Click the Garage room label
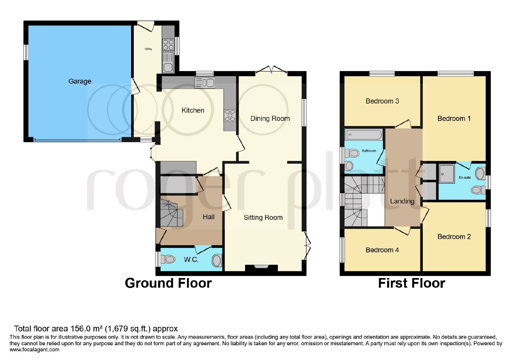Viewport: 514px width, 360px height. [80, 81]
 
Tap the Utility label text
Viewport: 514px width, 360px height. [148, 49]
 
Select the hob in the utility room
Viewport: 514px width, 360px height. [168, 45]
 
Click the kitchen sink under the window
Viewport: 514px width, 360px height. [205, 82]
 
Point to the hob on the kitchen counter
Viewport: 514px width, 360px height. [230, 115]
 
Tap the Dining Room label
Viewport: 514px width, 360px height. [270, 119]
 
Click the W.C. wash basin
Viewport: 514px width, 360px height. [217, 260]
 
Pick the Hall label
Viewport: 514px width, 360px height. [208, 217]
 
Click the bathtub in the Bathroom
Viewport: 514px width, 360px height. [363, 135]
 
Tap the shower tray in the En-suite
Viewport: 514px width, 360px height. [447, 173]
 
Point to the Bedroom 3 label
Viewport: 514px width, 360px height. [382, 101]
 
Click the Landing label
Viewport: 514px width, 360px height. [402, 201]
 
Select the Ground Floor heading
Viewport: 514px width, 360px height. [168, 283]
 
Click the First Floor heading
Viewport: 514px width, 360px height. [412, 283]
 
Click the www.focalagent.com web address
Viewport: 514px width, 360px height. [34, 350]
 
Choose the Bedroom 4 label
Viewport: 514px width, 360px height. [382, 250]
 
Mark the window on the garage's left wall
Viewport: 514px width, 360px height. [26, 52]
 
